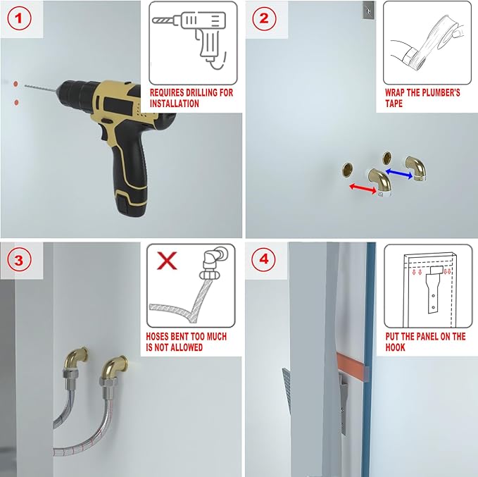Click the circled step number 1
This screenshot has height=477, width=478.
pyautogui.click(x=19, y=18)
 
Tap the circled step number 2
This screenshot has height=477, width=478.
pyautogui.click(x=264, y=18)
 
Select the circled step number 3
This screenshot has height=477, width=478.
pyautogui.click(x=19, y=260)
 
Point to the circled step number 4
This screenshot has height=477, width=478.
pyautogui.click(x=264, y=259)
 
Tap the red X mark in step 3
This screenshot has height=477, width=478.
pyautogui.click(x=167, y=261)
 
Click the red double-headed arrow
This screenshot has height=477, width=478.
pyautogui.click(x=363, y=188)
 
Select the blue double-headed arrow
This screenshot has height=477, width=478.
pyautogui.click(x=399, y=173)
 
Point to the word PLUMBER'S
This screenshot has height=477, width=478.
pyautogui.click(x=440, y=93)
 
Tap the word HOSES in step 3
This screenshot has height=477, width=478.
pyautogui.click(x=157, y=337)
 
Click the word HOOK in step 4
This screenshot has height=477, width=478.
pyautogui.click(x=395, y=347)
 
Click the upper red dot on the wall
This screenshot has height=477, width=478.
pyautogui.click(x=15, y=84)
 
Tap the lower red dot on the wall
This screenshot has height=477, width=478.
pyautogui.click(x=16, y=103)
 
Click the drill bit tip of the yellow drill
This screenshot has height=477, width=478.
pyautogui.click(x=25, y=86)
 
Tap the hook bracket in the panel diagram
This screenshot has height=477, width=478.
pyautogui.click(x=433, y=288)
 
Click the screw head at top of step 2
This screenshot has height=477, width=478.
pyautogui.click(x=369, y=11)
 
